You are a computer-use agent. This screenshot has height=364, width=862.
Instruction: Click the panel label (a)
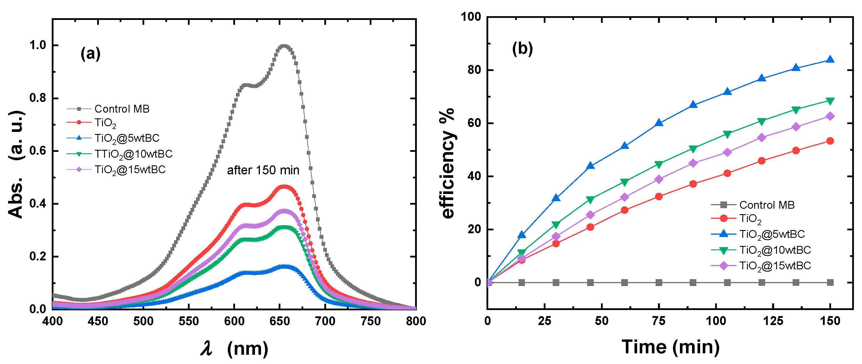[90, 53]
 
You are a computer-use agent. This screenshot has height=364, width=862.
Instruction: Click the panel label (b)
[522, 49]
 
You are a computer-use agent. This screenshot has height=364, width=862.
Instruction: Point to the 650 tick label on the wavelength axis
[280, 321]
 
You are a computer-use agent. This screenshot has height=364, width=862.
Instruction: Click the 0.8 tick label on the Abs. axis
[38, 98]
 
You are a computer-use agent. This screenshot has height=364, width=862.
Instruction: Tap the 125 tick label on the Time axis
[773, 321]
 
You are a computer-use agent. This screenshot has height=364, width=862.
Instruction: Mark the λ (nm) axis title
[234, 348]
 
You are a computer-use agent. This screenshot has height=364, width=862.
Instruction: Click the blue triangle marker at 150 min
[830, 60]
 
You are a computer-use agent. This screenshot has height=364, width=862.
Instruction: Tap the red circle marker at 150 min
[830, 141]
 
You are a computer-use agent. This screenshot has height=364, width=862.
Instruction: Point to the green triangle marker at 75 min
[658, 165]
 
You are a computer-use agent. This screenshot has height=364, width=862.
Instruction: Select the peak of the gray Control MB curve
[284, 46]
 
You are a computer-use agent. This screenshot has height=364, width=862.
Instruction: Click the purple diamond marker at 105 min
[727, 152]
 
